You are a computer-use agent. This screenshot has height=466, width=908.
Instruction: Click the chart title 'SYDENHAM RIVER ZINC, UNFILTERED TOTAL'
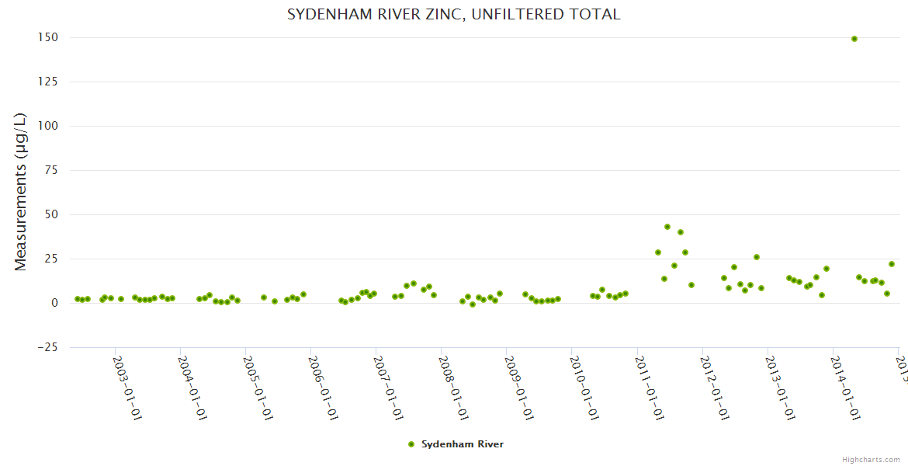453,15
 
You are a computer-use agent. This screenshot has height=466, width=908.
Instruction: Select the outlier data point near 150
854,39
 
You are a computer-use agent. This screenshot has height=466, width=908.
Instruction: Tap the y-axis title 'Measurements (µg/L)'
21,192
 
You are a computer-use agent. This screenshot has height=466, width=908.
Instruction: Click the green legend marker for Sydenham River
411,444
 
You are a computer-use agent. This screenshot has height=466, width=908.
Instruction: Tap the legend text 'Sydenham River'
463,444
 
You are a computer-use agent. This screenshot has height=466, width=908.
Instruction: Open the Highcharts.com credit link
872,459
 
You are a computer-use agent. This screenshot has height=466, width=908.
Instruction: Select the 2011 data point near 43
667,227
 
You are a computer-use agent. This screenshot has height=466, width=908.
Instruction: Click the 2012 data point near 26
757,257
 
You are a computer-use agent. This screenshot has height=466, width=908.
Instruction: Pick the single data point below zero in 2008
473,304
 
